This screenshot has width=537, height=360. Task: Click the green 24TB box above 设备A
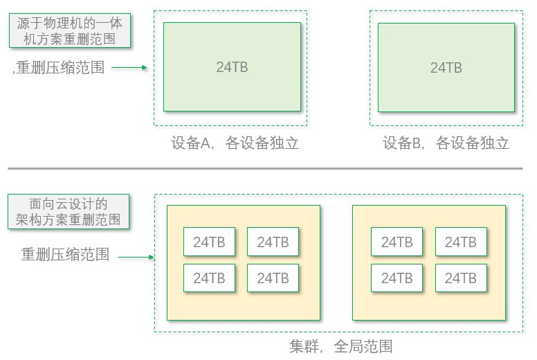tap(232, 67)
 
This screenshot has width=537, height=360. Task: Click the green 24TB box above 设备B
tap(446, 67)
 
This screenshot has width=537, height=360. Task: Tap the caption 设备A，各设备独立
tap(235, 143)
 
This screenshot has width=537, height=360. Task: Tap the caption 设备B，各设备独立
tap(446, 143)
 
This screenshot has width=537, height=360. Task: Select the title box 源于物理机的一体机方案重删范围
tap(69, 31)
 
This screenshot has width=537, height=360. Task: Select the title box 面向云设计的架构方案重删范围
tap(69, 212)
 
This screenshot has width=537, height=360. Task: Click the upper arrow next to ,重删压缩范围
tap(129, 68)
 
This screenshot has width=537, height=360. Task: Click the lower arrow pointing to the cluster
tap(136, 257)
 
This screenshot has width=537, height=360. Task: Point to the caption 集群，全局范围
tap(340, 346)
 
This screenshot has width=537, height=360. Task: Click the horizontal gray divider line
tap(265, 168)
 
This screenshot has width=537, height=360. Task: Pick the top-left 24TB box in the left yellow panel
tap(209, 242)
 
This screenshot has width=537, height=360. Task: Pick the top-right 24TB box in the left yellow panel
tap(273, 242)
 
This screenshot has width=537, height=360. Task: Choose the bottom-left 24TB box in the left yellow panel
tap(209, 278)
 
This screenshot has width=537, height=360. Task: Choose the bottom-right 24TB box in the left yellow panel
tap(273, 278)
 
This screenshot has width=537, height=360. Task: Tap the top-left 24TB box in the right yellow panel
tap(397, 242)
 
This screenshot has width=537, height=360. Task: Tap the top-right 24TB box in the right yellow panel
tap(460, 242)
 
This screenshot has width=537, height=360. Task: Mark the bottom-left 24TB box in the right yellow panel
tap(397, 278)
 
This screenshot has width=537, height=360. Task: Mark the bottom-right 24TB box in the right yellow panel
tap(460, 278)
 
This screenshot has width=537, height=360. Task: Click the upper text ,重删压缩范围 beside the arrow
tap(59, 68)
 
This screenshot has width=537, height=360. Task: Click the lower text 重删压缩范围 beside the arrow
tap(65, 254)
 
